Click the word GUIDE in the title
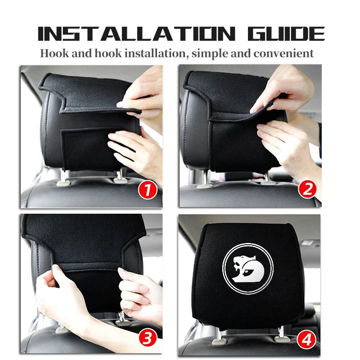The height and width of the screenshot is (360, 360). coord(288,34)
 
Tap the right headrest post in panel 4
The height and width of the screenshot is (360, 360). coord(281,333)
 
